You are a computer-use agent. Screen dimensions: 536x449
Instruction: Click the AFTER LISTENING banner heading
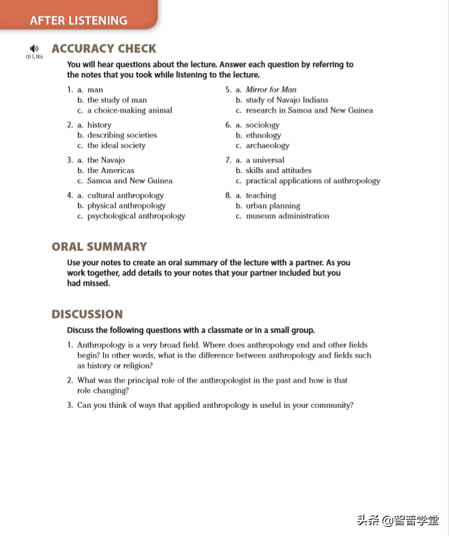click(79, 20)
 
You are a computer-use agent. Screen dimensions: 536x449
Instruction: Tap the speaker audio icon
click(34, 48)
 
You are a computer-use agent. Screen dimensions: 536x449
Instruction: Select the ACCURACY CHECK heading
click(104, 48)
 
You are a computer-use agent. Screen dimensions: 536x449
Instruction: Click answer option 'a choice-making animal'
click(130, 110)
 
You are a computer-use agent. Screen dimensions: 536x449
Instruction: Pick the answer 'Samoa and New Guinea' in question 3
click(130, 181)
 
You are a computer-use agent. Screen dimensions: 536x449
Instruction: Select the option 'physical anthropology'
click(126, 206)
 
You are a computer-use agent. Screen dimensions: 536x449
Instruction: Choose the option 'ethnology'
click(263, 135)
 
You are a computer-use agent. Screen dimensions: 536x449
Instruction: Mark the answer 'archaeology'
click(267, 145)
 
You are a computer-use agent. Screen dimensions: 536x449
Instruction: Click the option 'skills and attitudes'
click(278, 170)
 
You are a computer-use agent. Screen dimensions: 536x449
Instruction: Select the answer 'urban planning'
click(273, 206)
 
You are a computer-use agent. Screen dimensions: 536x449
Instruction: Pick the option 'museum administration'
click(287, 216)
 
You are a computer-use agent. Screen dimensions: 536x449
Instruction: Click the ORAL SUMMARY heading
click(99, 246)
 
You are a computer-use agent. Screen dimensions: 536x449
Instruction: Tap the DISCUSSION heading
click(87, 314)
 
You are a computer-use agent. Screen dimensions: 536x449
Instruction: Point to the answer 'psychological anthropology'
click(136, 216)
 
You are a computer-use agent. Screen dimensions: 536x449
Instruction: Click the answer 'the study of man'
click(117, 100)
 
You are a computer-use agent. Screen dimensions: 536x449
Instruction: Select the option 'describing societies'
click(122, 135)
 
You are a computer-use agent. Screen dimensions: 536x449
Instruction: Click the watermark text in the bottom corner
click(397, 520)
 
